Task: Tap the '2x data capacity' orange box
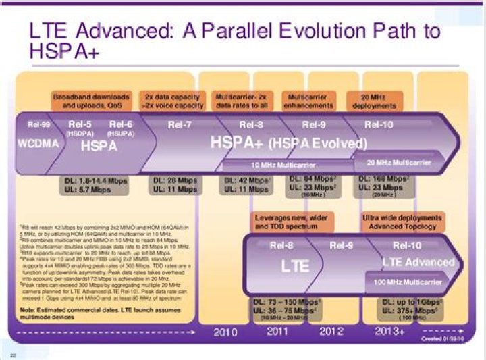pos(171,101)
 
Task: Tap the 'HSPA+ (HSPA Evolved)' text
pos(288,143)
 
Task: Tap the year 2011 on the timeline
pos(278,332)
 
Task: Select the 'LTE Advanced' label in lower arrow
pos(418,262)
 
